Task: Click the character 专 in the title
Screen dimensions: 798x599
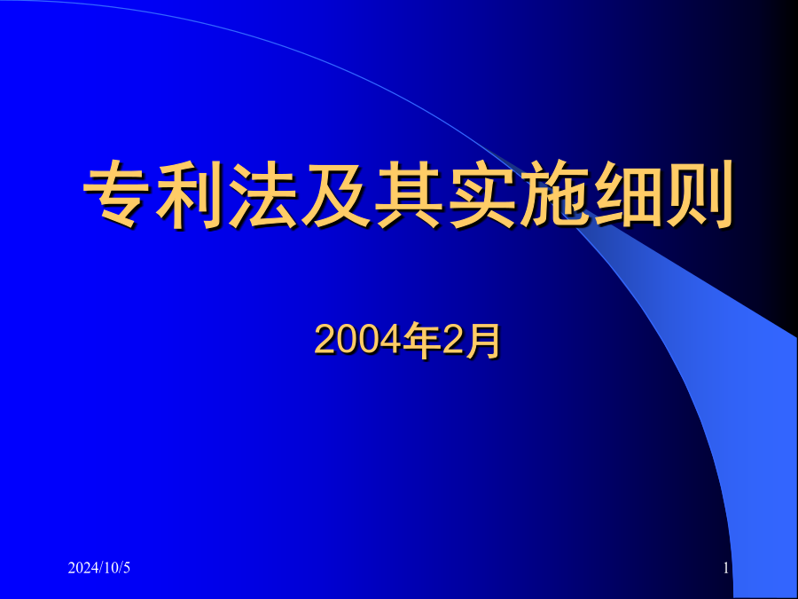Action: [116, 194]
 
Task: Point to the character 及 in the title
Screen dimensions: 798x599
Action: [335, 194]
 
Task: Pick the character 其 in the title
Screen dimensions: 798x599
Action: [408, 194]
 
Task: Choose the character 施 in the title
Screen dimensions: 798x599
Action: [553, 194]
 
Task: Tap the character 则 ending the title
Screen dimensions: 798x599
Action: [700, 194]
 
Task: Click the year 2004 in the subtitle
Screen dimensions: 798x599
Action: [358, 340]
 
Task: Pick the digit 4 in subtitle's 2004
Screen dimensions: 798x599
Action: [390, 340]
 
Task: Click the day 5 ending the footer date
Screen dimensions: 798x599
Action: [127, 568]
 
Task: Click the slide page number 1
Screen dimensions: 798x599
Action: [726, 568]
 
